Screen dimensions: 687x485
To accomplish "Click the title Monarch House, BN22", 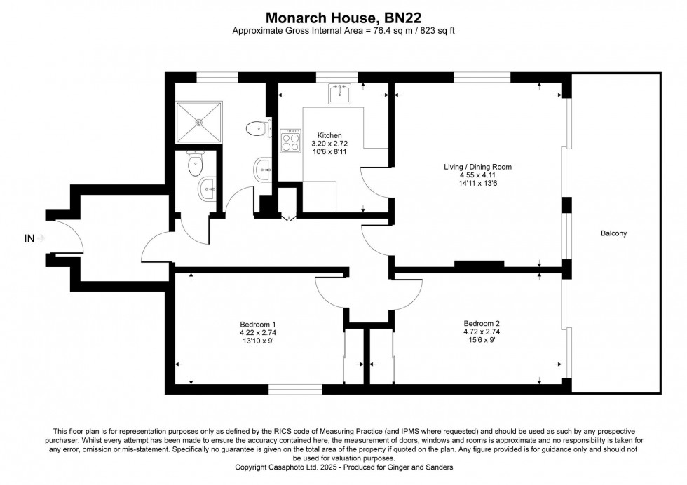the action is click(x=343, y=18).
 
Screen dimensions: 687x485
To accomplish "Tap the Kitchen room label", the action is click(x=329, y=136).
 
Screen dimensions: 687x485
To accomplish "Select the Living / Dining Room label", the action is click(x=477, y=167).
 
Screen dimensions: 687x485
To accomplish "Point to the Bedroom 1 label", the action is click(x=258, y=325).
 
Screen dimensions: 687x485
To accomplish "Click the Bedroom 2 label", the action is click(x=482, y=324).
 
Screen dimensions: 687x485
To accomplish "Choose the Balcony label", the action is click(x=613, y=233).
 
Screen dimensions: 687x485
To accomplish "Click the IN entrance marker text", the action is click(x=29, y=239).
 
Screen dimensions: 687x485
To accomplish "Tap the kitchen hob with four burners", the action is click(x=290, y=140).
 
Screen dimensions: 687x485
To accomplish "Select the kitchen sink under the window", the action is click(x=339, y=93).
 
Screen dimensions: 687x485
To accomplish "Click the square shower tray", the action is click(x=199, y=122).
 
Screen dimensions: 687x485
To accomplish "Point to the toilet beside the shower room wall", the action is click(x=257, y=128).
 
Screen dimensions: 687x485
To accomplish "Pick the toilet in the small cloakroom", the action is click(x=196, y=163).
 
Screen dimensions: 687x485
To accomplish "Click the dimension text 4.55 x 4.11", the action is click(x=477, y=175).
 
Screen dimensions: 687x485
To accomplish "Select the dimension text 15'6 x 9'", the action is click(x=482, y=339).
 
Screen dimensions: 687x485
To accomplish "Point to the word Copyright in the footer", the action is click(x=252, y=467).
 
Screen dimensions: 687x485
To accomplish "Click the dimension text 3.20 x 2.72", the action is click(x=329, y=144).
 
